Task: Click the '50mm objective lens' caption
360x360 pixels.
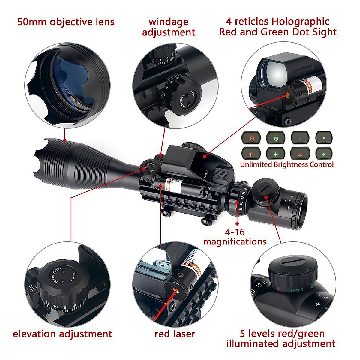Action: [66, 22]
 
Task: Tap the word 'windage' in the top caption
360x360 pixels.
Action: [168, 22]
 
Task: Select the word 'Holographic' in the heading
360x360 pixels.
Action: [300, 22]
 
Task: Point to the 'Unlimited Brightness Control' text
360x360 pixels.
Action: [287, 164]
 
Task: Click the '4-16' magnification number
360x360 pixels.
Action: [235, 232]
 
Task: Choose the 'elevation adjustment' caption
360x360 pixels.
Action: [62, 334]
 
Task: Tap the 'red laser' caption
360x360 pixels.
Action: [175, 334]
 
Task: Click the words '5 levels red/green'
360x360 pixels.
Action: [282, 334]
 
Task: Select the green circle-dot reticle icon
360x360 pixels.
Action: [275, 139]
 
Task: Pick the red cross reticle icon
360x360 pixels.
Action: [251, 154]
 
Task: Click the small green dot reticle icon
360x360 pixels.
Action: [324, 138]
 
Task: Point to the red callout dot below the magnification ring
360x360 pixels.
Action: [237, 223]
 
